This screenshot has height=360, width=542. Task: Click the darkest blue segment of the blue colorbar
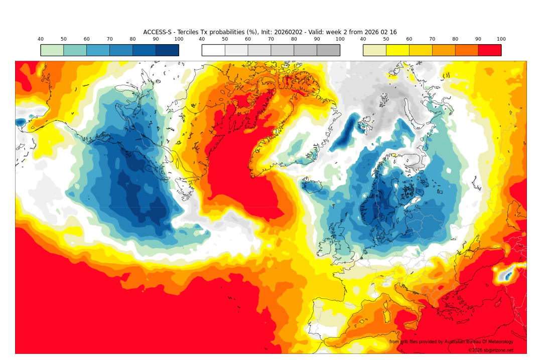(x=167, y=50)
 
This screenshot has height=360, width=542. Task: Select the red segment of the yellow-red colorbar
(x=489, y=50)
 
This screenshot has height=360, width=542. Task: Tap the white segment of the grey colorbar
(x=213, y=50)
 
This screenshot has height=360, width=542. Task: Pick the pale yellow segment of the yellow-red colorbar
(x=374, y=50)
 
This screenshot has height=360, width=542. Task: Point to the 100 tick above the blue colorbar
(x=179, y=39)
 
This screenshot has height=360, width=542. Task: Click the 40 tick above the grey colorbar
(x=202, y=39)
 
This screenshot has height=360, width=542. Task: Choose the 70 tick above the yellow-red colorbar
(x=432, y=39)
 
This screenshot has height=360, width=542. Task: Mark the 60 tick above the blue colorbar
(x=86, y=39)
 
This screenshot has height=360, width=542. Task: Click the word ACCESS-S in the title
(x=157, y=32)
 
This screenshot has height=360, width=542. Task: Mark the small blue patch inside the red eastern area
(x=508, y=275)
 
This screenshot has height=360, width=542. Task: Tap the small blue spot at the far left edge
(x=21, y=122)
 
